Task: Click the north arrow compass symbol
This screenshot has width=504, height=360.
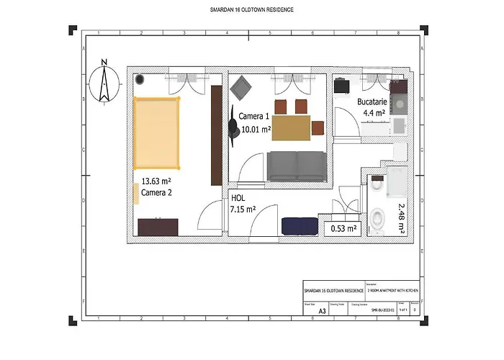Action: click(x=105, y=82)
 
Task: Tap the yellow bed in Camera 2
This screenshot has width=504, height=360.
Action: click(x=156, y=134)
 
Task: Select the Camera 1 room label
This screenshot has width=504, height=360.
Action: click(x=253, y=116)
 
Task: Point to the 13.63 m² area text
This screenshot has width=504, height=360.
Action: click(x=156, y=182)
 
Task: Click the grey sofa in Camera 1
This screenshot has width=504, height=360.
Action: click(x=296, y=166)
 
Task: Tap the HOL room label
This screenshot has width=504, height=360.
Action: click(x=238, y=198)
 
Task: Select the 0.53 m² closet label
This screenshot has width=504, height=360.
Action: click(x=343, y=229)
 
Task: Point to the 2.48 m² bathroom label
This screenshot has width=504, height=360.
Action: click(x=401, y=217)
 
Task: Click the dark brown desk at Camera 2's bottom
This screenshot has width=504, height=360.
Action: click(x=158, y=227)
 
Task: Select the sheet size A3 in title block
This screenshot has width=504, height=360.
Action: click(x=312, y=311)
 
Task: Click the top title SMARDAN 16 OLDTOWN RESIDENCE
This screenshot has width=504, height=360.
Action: click(x=251, y=10)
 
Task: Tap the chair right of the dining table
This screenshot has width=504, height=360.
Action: click(x=317, y=129)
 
